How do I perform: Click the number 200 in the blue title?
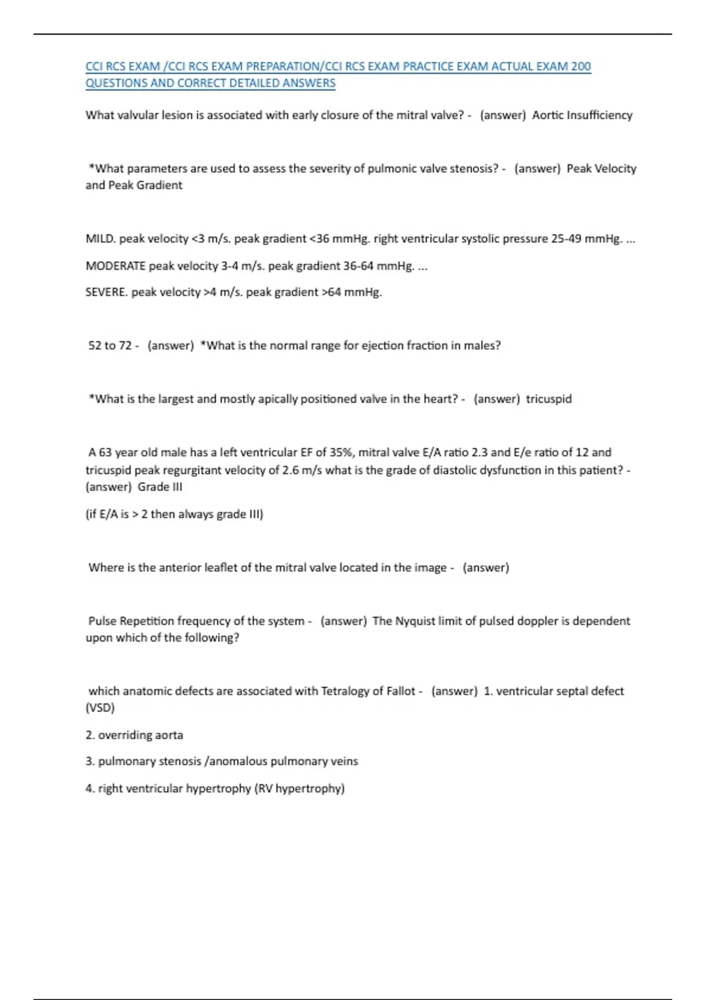[580, 66]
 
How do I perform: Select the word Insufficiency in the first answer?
[600, 115]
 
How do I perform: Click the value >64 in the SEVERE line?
[331, 292]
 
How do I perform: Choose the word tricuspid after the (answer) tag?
[549, 399]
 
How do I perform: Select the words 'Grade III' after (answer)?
[160, 487]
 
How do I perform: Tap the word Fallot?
[400, 691]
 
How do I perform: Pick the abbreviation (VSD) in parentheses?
[100, 708]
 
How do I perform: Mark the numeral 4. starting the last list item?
[89, 789]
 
